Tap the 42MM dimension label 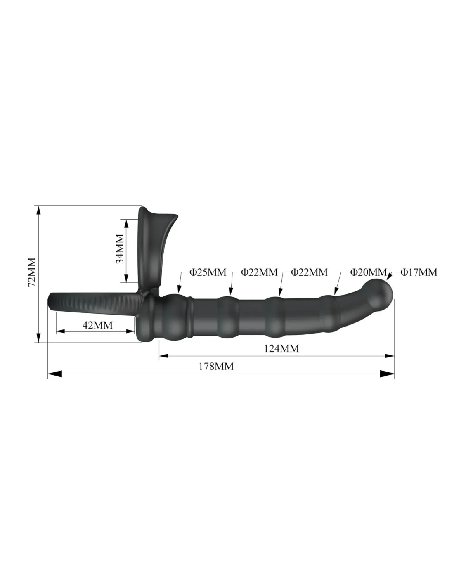tap(97, 325)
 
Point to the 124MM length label tap(281, 348)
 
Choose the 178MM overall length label tap(216, 366)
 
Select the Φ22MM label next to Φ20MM tap(309, 272)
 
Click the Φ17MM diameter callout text tap(419, 272)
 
